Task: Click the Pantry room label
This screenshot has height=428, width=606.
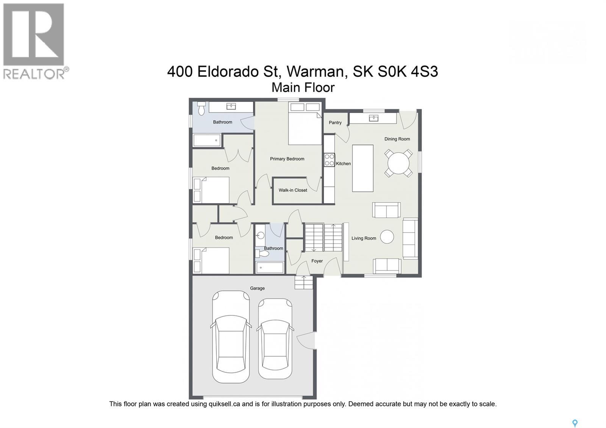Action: point(335,123)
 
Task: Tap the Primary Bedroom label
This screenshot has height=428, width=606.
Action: point(287,159)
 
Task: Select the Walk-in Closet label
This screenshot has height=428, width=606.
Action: point(293,190)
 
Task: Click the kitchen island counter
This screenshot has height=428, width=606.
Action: point(362,168)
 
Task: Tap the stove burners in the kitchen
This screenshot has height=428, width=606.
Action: point(330,159)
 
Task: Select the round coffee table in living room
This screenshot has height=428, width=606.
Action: point(387,237)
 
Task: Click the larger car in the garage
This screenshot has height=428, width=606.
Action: point(231,337)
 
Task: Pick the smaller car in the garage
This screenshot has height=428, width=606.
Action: point(275,339)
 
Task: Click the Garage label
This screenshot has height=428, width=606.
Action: point(257,288)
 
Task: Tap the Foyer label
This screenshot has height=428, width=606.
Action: point(317,261)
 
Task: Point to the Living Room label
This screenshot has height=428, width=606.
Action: point(364,238)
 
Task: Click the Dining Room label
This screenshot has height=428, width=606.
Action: point(397,139)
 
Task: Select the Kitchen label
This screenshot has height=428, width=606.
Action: point(343,164)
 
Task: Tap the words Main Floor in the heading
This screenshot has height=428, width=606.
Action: point(303,87)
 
